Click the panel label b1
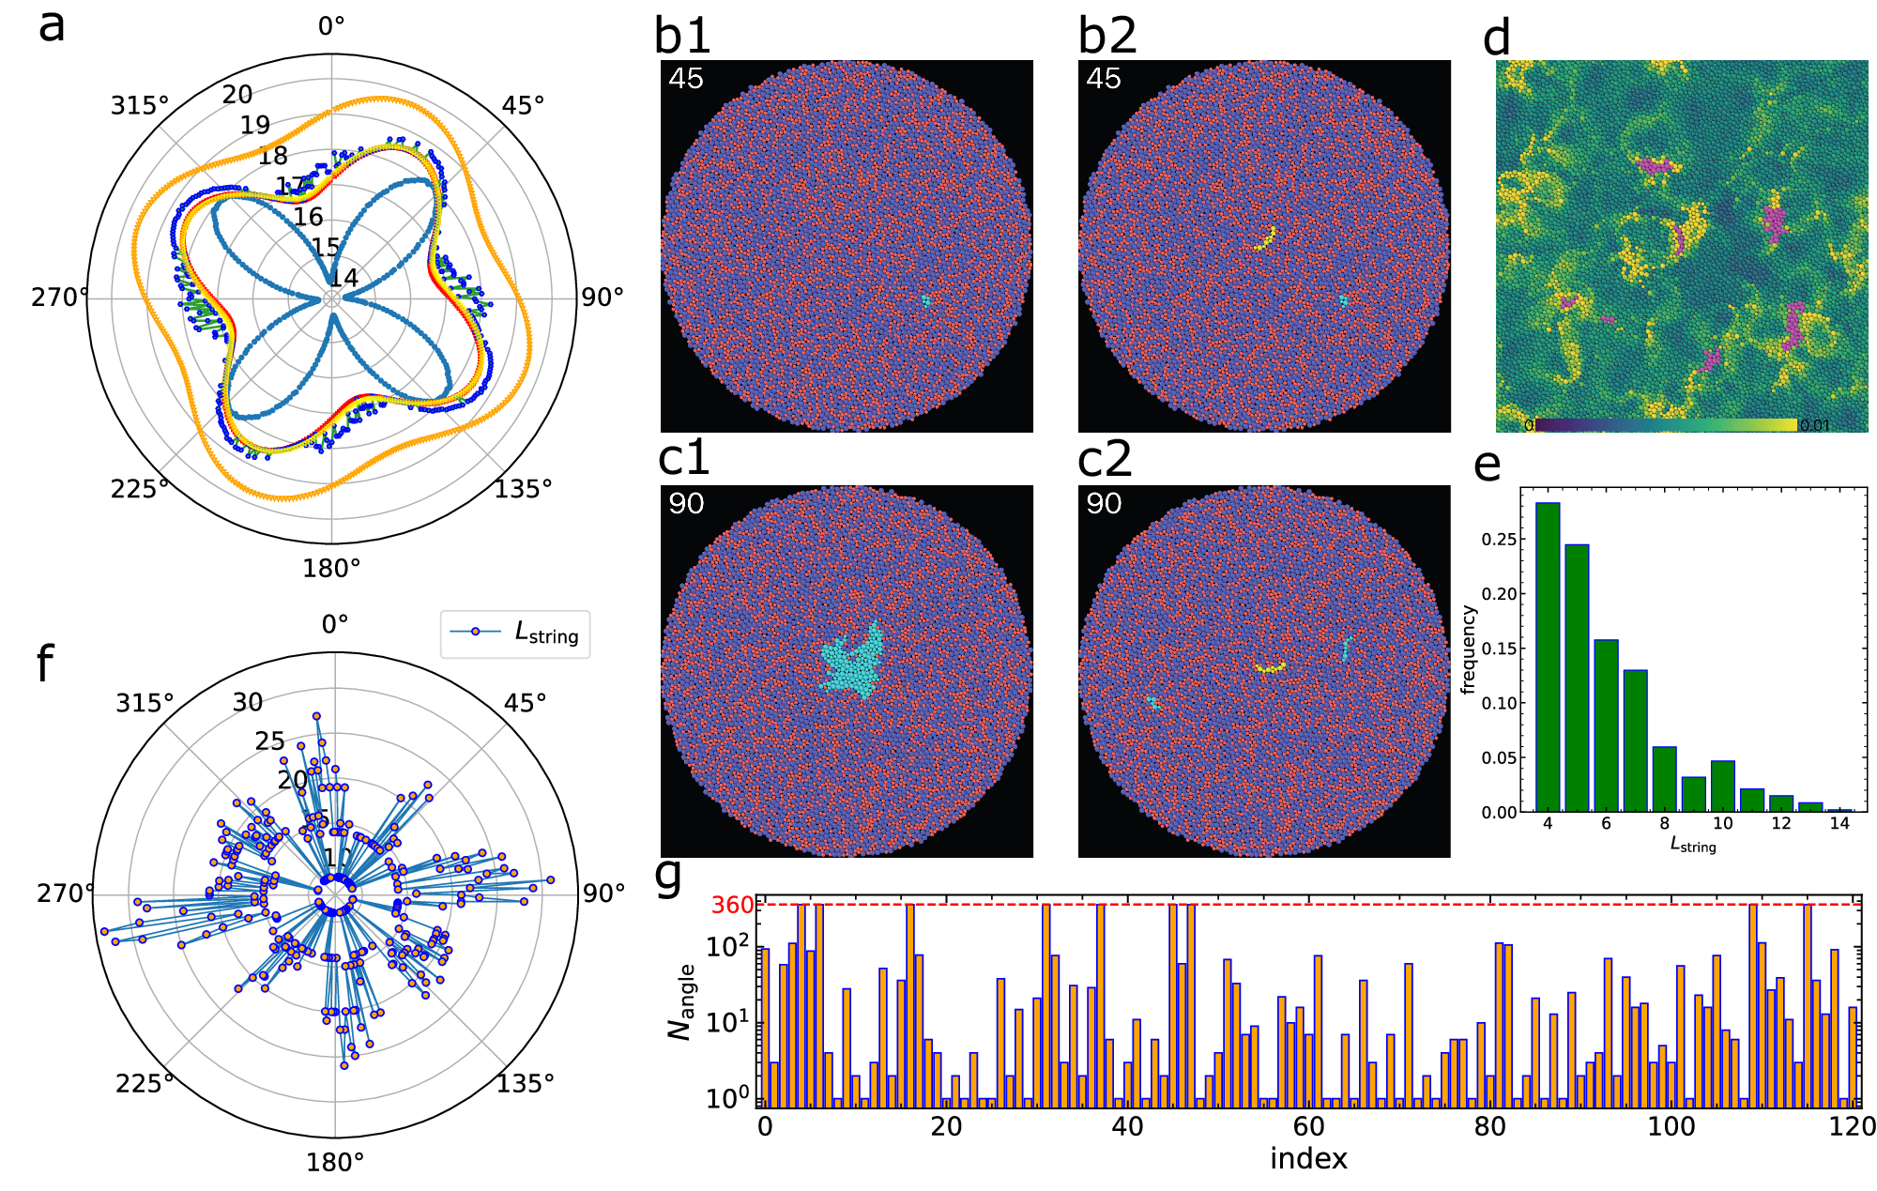tap(682, 36)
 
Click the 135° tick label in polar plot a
tap(523, 488)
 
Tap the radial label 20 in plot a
tap(237, 94)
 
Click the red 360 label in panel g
tap(732, 905)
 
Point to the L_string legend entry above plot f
tap(515, 634)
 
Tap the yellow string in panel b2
tap(1266, 238)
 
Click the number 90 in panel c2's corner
tap(1104, 504)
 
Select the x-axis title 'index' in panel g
tap(1308, 1159)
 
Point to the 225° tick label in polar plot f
tap(145, 1084)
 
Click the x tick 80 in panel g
tap(1489, 1126)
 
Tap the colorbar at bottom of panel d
tap(1666, 425)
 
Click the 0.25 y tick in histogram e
tap(1499, 540)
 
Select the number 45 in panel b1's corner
tap(686, 79)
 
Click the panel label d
tap(1496, 38)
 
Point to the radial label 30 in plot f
tap(248, 702)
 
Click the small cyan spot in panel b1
tap(925, 300)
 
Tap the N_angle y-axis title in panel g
tap(682, 1000)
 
